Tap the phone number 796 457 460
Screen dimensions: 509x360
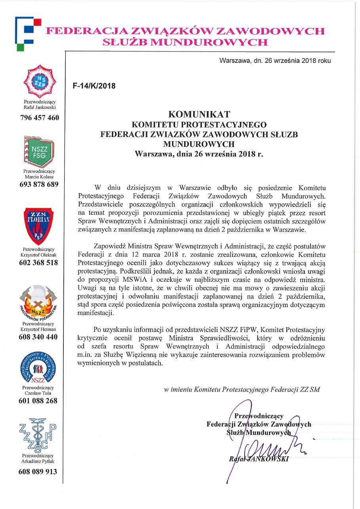coord(39,118)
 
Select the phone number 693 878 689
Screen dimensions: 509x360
coord(39,184)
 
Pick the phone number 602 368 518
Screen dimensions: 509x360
coord(39,262)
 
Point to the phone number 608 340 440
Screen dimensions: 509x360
coord(39,337)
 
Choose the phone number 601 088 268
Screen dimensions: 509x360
coord(39,401)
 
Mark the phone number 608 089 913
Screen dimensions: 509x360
coord(39,471)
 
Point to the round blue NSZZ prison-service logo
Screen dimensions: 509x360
coord(39,367)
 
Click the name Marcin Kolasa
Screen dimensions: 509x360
coord(39,177)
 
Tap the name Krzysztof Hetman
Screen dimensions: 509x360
coord(39,329)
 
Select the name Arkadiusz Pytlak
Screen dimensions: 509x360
coord(39,462)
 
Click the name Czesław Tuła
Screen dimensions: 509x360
coord(39,393)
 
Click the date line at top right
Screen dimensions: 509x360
coord(274,61)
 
